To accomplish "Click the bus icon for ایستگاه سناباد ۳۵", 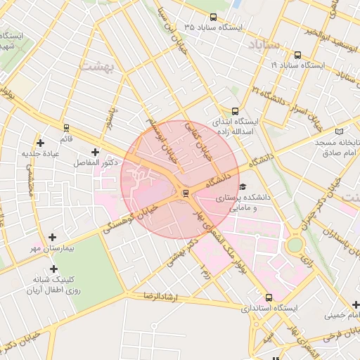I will (214, 17).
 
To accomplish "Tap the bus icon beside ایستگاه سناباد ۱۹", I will (298, 55).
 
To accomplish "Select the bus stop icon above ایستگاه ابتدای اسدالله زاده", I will (235, 111).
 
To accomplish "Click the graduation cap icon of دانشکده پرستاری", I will (243, 187).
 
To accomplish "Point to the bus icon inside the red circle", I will (186, 193).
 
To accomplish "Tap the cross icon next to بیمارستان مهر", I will (52, 237).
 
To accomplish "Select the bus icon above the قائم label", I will (66, 128).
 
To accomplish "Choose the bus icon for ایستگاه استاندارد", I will (269, 297).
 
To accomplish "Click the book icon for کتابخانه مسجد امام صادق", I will (340, 131).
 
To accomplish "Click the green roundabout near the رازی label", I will (295, 244).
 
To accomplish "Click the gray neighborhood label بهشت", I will (102, 65).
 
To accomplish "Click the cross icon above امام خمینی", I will (356, 304).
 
